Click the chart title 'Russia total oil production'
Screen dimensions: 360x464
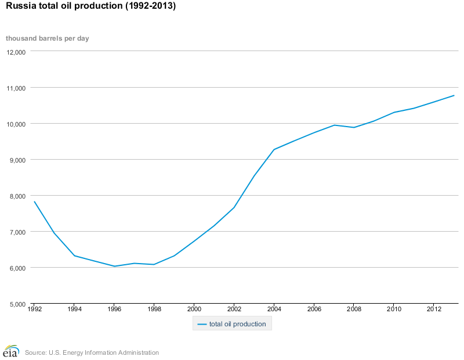[90, 7]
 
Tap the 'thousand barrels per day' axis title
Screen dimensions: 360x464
[47, 38]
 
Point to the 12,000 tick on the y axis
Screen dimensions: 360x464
[16, 52]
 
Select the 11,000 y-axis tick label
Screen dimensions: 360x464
[16, 88]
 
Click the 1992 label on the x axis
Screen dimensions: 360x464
[35, 309]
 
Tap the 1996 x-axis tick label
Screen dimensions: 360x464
[114, 309]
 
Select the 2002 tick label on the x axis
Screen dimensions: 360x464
[234, 309]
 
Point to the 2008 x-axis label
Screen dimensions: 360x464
[353, 309]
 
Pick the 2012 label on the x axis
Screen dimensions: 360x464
[433, 309]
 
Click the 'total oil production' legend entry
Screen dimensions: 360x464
[232, 324]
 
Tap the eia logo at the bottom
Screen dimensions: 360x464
[10, 351]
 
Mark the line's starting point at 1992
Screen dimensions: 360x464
[35, 202]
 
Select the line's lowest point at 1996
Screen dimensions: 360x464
[114, 267]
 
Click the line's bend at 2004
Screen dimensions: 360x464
[274, 149]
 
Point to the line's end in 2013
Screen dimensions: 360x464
[454, 95]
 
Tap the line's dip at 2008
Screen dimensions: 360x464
[353, 127]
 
